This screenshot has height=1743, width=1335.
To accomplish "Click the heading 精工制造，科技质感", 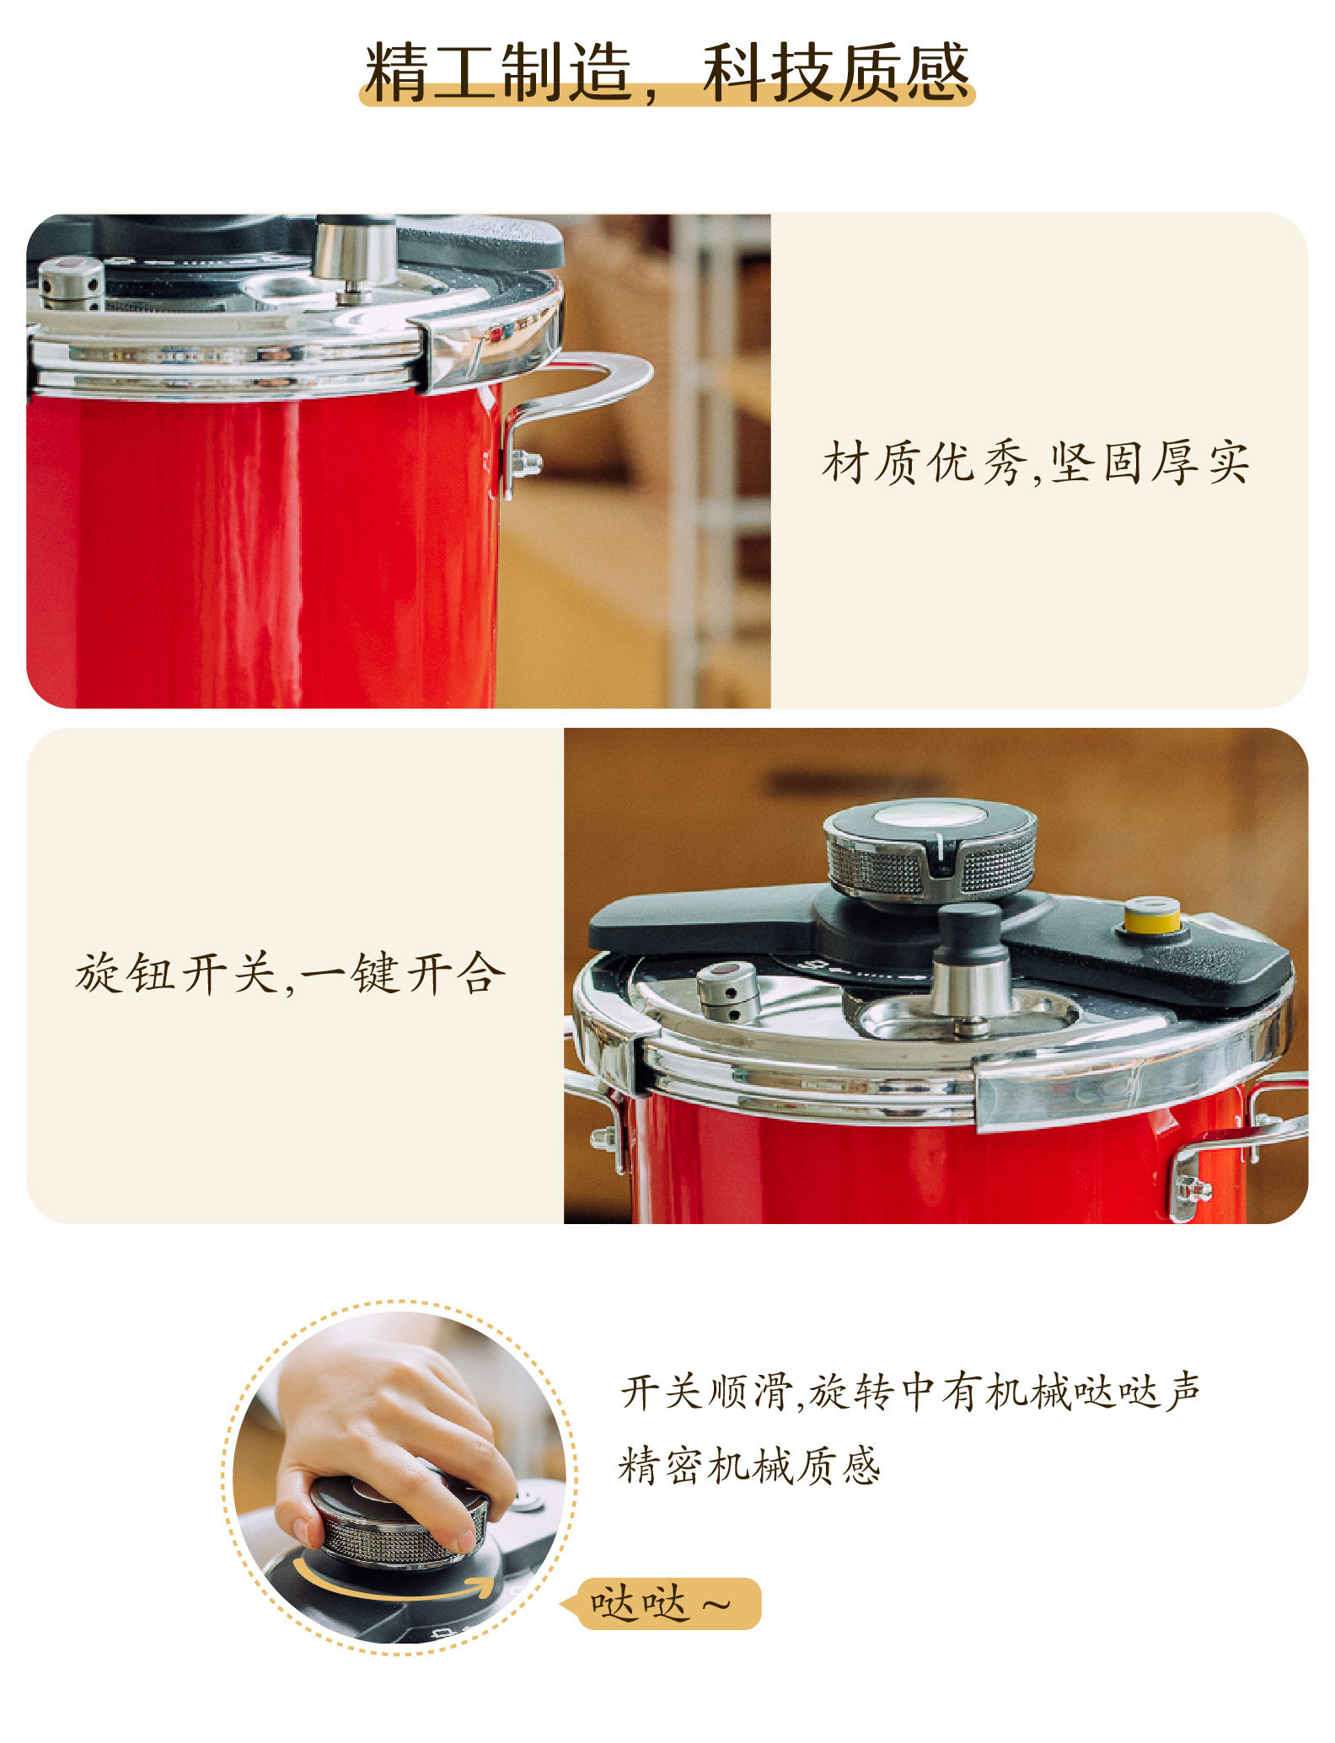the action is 667,72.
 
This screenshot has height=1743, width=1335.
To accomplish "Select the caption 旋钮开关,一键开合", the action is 290,973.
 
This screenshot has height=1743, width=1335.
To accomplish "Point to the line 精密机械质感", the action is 749,1465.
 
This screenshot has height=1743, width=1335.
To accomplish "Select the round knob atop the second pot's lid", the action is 930,849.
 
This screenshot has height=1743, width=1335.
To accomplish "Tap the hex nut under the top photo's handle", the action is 527,463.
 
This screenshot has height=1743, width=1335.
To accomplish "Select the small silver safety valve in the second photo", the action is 728,991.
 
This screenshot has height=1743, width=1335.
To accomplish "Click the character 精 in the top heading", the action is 396,72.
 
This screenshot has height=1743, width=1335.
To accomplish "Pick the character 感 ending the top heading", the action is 937,72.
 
